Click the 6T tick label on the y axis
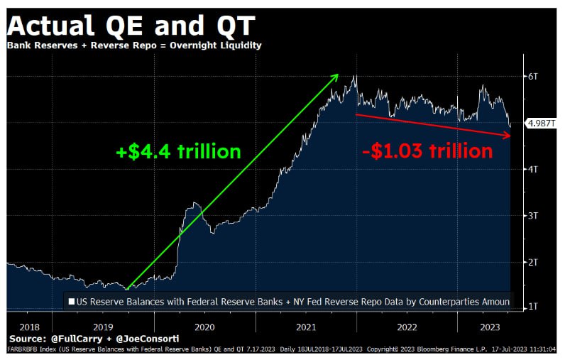533,77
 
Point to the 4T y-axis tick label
533,169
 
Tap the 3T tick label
533,215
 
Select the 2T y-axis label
533,262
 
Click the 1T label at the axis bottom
533,307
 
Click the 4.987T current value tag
541,124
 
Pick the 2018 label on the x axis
30,327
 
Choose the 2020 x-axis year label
204,327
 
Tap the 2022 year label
407,327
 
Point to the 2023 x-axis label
490,327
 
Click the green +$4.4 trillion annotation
178,151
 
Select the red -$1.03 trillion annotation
427,151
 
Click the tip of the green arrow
339,75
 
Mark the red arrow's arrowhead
511,136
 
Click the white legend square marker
72,301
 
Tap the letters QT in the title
236,26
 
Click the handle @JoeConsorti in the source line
148,339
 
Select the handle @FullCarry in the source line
77,339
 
